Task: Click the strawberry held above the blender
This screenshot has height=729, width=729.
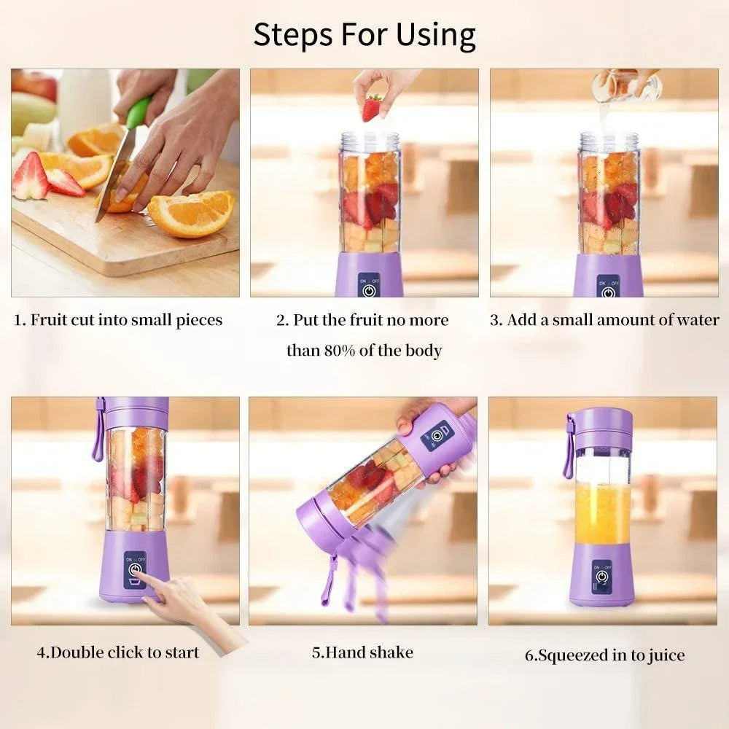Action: [372, 108]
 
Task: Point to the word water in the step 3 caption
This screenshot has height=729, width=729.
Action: [695, 320]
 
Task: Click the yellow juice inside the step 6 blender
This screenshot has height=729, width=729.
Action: [602, 512]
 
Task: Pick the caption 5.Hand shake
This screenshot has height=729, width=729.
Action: [362, 652]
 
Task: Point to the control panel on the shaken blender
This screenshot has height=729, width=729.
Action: [437, 436]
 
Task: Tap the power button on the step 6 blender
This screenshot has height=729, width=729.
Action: [602, 576]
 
